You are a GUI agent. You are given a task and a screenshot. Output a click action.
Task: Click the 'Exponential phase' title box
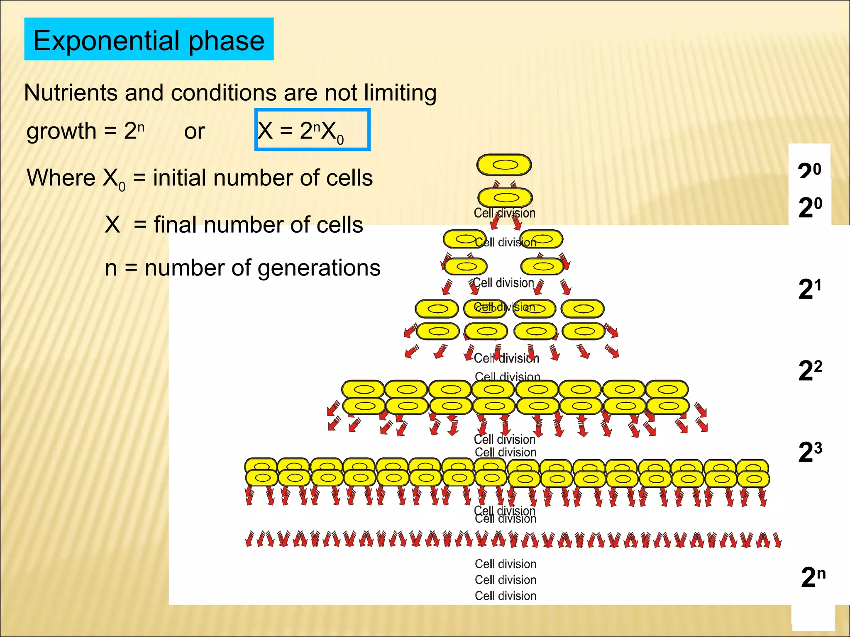point(149,39)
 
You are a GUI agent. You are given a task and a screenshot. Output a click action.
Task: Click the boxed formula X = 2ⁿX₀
point(312,130)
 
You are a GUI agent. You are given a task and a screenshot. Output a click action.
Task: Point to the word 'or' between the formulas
point(194,131)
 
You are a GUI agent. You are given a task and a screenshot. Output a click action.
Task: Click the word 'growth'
point(61,131)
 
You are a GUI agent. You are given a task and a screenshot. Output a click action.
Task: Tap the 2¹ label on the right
point(809,289)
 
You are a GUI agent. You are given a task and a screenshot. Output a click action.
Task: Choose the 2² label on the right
point(810,370)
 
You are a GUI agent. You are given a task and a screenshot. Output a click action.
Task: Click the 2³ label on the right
point(810,452)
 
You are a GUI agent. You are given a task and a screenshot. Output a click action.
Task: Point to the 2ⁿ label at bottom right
point(813,577)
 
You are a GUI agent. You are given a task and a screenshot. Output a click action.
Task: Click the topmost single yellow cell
point(504,165)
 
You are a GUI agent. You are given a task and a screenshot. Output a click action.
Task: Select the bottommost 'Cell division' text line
point(505,596)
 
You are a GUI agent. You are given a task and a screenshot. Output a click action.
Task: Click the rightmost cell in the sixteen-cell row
point(753,479)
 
